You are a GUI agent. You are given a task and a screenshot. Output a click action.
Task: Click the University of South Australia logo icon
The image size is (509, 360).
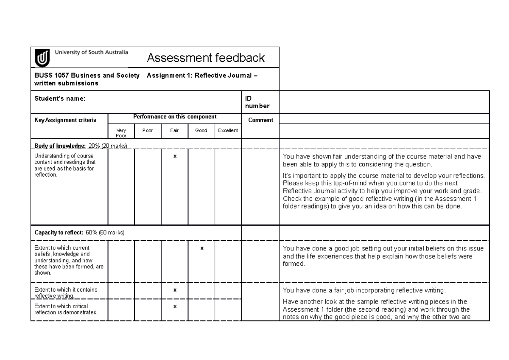click(42, 57)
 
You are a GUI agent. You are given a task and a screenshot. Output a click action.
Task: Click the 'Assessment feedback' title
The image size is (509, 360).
click(205, 57)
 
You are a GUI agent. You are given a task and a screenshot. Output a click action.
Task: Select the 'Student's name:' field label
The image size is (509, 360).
click(59, 98)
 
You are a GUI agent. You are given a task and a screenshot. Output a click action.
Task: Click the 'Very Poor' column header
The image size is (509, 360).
click(121, 133)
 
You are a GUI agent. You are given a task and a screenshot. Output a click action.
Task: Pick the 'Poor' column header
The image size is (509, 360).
click(148, 130)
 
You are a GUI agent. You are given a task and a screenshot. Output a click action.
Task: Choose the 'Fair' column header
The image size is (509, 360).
click(174, 130)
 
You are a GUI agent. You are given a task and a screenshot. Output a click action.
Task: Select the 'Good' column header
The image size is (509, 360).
click(201, 130)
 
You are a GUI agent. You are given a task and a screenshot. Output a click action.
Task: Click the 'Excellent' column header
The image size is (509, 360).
click(228, 130)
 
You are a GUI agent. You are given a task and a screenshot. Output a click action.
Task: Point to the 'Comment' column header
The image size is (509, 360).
click(260, 120)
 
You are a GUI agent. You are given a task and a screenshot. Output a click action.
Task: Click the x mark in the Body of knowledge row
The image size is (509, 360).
click(175, 156)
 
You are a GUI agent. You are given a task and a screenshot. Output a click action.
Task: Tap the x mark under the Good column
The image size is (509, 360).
click(202, 248)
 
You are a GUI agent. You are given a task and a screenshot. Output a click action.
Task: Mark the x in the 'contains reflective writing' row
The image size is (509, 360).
click(175, 290)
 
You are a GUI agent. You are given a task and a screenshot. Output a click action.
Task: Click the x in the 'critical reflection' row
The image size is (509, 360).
click(175, 306)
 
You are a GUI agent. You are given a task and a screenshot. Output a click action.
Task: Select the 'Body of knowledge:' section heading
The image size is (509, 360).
click(60, 146)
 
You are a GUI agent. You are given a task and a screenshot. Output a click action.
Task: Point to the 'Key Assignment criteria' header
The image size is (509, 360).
click(65, 120)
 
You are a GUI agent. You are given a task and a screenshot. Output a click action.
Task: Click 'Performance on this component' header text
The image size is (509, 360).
click(175, 117)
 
